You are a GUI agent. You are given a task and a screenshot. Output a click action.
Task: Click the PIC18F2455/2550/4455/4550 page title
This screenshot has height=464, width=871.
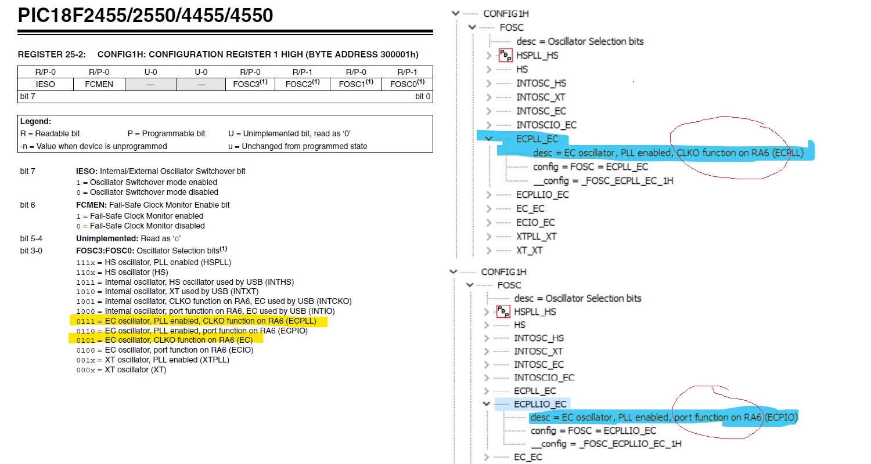145,16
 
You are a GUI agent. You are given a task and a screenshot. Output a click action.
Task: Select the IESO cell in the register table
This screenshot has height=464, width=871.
46,84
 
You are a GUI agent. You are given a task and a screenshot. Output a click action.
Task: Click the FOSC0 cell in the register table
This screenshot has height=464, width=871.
406,84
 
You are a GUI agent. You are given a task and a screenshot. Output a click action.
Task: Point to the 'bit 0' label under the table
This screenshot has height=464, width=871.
423,96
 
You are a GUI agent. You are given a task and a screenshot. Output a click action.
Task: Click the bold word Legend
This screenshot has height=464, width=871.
36,122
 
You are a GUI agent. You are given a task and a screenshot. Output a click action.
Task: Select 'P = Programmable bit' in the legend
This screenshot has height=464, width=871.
166,134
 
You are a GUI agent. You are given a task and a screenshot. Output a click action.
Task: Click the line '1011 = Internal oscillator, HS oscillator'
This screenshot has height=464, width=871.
185,282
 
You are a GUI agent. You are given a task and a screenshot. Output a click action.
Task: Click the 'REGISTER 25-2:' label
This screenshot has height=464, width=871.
52,55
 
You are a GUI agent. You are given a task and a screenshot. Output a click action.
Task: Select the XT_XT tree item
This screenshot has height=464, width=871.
529,251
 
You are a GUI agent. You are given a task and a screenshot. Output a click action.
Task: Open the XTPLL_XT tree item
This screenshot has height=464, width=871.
536,237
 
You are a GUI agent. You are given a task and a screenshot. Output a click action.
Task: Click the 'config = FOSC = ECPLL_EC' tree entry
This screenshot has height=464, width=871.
590,167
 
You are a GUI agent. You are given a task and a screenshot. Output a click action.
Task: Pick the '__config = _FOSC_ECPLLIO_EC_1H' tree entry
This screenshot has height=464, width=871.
606,444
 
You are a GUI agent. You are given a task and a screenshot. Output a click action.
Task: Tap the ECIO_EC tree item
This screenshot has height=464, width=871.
535,223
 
